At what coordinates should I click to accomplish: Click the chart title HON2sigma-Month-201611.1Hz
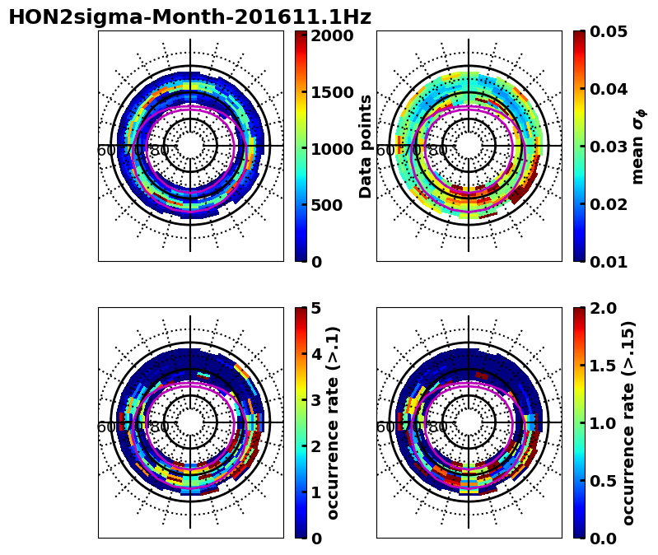click(x=189, y=17)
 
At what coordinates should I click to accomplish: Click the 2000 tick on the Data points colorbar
click(x=332, y=35)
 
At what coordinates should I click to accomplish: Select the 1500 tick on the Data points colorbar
click(x=332, y=92)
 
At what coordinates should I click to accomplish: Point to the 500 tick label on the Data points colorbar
click(x=328, y=205)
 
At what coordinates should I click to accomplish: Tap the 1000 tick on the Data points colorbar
click(x=332, y=148)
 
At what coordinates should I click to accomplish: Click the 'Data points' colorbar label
click(x=366, y=146)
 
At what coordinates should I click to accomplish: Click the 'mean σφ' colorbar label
click(x=638, y=147)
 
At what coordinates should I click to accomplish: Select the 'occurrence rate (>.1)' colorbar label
click(x=334, y=423)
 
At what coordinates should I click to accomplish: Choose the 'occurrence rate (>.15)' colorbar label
click(x=628, y=423)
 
